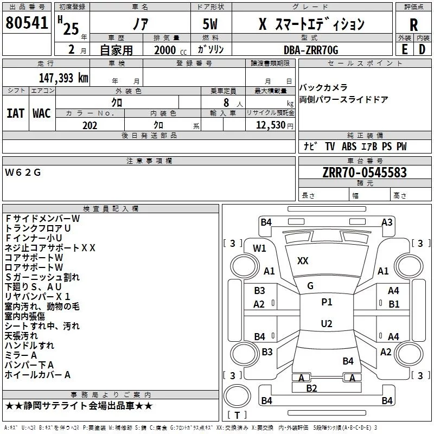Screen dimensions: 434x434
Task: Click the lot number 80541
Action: pos(27,22)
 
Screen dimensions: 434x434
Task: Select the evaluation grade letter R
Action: pos(413,25)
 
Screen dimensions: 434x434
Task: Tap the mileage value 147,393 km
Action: pos(63,78)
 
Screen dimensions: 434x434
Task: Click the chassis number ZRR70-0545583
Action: pos(365,173)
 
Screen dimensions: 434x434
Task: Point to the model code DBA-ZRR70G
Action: pos(311,50)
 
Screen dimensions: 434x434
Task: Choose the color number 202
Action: pos(90,125)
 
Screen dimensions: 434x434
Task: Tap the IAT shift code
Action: pos(16,113)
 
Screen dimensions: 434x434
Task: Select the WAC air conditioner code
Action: pos(42,113)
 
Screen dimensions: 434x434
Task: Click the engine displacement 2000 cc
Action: pos(170,50)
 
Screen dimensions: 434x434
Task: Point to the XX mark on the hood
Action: pos(303,261)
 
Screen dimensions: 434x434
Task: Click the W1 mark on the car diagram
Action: pos(259,248)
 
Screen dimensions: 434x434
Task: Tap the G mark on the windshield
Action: pos(310,286)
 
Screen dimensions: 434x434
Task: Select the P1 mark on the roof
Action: pos(327,302)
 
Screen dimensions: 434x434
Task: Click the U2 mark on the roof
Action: pos(327,323)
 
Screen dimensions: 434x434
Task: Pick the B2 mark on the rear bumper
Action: pos(311,388)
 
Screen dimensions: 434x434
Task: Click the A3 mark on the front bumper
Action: pos(387,222)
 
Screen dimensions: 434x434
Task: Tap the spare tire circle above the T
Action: pos(237,396)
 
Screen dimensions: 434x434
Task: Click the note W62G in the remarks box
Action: pos(23,173)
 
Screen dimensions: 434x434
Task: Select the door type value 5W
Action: pos(210,24)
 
